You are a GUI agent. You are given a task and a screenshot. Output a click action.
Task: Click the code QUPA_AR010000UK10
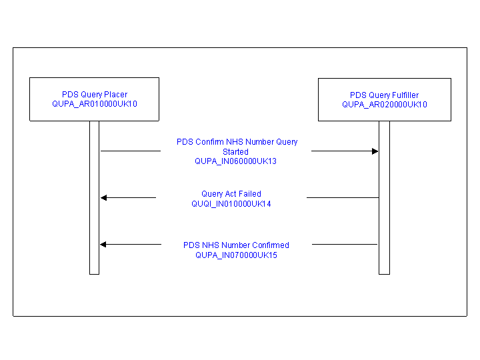[95, 104]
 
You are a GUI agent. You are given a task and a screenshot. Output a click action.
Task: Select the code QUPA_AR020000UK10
[385, 105]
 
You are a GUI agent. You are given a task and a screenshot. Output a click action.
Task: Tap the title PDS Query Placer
[95, 95]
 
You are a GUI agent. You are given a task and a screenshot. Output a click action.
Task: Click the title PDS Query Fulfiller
[384, 95]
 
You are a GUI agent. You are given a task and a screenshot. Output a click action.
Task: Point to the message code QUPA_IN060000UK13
[236, 161]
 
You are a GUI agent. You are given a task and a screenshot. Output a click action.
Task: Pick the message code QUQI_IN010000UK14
[231, 204]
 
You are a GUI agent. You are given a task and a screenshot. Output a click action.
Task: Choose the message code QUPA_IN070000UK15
[236, 255]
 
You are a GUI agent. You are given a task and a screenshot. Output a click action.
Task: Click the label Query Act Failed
[231, 194]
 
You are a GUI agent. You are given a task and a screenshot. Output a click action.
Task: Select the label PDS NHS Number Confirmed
[236, 245]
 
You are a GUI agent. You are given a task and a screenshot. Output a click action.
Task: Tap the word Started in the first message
[235, 152]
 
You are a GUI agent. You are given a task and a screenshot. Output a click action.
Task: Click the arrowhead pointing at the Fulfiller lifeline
[375, 151]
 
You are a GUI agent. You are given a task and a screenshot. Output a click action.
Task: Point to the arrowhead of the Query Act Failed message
[104, 198]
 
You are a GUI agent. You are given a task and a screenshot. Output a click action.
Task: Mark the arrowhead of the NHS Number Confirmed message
[103, 244]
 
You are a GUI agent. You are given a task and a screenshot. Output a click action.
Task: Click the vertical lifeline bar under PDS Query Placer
[94, 198]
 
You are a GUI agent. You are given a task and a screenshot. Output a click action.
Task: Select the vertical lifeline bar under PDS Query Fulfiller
[384, 198]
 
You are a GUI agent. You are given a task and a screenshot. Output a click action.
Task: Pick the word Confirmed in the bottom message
[271, 245]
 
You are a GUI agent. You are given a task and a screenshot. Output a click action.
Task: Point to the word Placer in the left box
[116, 95]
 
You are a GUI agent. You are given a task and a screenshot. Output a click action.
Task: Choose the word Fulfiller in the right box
[405, 95]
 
